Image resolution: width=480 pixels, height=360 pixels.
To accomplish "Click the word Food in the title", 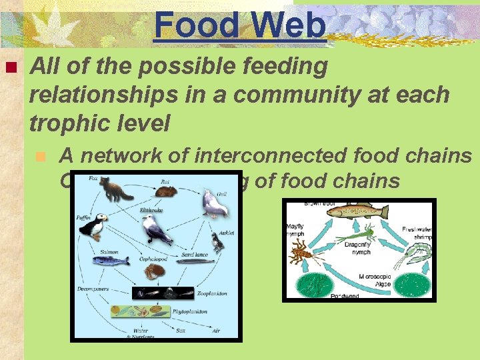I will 196,25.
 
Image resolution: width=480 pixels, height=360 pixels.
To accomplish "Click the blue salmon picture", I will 110,260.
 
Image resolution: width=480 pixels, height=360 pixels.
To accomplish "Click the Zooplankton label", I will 213,293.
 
